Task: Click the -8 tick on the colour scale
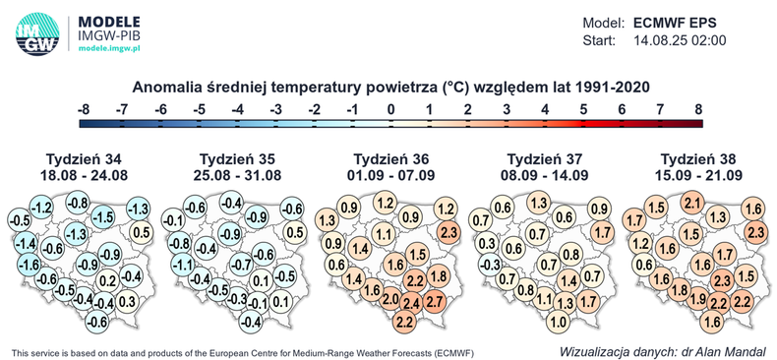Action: (x=86, y=109)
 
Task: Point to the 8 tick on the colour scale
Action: (x=698, y=109)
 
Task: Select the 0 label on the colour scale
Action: (x=391, y=109)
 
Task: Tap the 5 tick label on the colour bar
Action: (x=583, y=109)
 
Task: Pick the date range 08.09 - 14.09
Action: (x=547, y=176)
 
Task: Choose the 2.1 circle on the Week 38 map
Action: (x=691, y=204)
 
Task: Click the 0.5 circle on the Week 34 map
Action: (x=140, y=232)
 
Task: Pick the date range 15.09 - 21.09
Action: (x=702, y=176)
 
